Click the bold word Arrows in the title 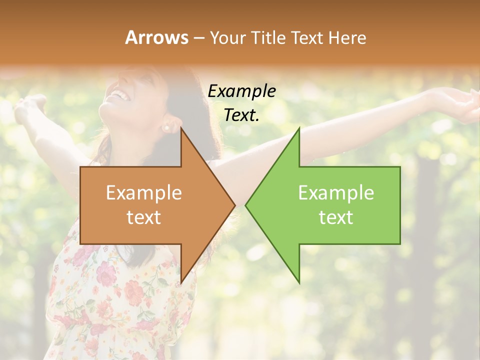156,37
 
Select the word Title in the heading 263,37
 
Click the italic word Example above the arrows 241,91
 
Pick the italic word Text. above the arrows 241,115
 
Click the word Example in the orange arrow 143,193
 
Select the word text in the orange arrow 143,217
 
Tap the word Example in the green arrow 336,193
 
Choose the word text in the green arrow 336,217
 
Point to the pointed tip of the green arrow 246,205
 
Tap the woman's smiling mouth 118,93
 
